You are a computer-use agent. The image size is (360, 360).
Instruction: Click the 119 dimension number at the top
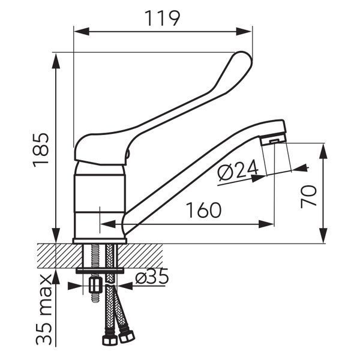point(163,19)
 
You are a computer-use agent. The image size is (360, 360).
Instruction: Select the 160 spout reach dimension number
point(203,211)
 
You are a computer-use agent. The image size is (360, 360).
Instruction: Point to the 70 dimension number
point(308,197)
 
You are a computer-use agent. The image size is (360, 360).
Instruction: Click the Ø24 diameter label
point(238,169)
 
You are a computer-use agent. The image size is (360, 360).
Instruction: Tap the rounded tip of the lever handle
point(244,57)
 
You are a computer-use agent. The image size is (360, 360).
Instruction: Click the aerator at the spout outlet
point(274,140)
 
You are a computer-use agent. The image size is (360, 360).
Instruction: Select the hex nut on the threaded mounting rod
point(95,285)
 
